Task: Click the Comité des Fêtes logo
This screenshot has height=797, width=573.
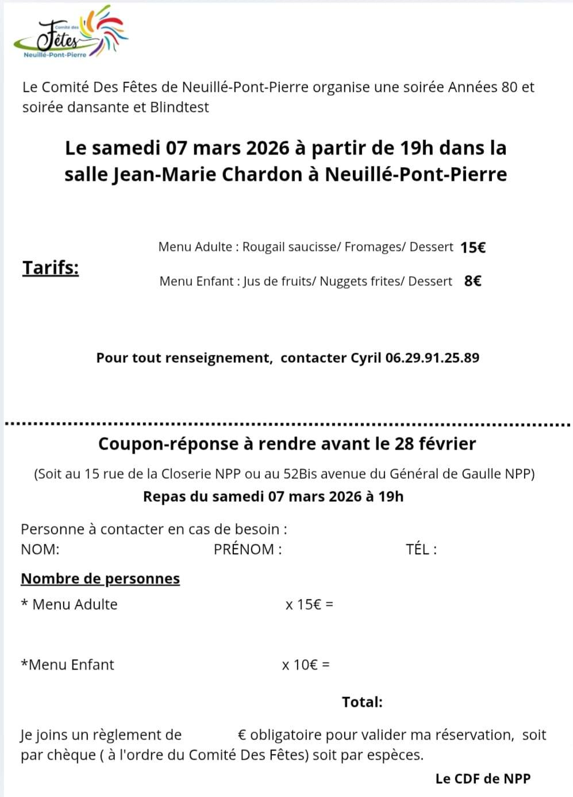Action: pos(72,33)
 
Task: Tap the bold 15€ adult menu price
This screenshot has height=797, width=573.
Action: pos(473,247)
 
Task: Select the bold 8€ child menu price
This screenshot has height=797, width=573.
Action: pos(472,281)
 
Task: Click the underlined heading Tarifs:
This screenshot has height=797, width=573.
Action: pos(51,268)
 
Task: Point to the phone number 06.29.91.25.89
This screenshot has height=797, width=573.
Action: pos(432,358)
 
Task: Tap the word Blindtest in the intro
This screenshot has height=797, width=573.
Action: pos(179,107)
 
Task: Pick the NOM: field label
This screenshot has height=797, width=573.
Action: pos(40,549)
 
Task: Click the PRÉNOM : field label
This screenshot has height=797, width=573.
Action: pos(248,549)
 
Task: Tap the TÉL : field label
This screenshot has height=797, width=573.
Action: pos(421,549)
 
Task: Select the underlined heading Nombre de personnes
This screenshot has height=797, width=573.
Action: pos(100,578)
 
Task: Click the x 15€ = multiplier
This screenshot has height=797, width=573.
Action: pos(309,604)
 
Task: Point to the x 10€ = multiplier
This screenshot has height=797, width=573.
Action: pos(306,665)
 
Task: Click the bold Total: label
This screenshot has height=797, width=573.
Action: pos(362,702)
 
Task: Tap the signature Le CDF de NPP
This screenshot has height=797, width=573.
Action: pos(483,779)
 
